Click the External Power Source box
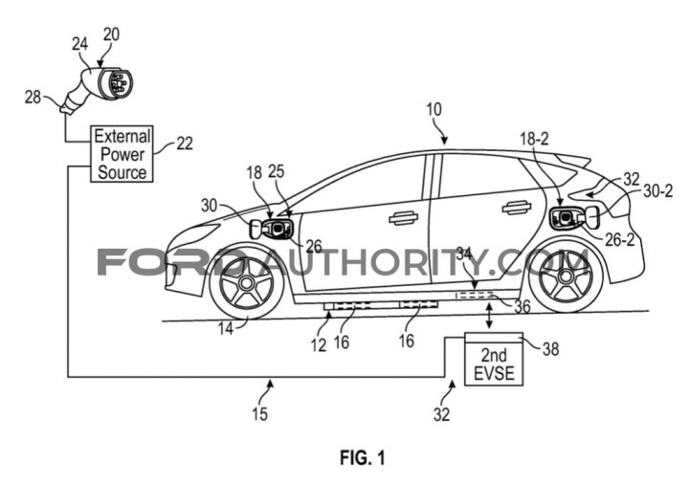[x=122, y=154]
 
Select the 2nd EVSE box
[x=494, y=359]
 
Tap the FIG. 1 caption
[x=363, y=457]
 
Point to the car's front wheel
[x=247, y=283]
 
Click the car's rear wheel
[x=566, y=276]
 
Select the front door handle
[x=404, y=217]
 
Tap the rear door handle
[x=517, y=208]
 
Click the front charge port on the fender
[x=276, y=229]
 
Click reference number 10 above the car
[x=433, y=109]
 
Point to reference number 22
[x=185, y=144]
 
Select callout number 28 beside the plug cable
[x=33, y=98]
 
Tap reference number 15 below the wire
[x=259, y=414]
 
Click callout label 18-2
[x=534, y=140]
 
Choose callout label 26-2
[x=620, y=240]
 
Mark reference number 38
[x=550, y=349]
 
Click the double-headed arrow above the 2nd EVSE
[x=489, y=316]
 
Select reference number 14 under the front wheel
[x=226, y=329]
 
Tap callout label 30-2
[x=658, y=190]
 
